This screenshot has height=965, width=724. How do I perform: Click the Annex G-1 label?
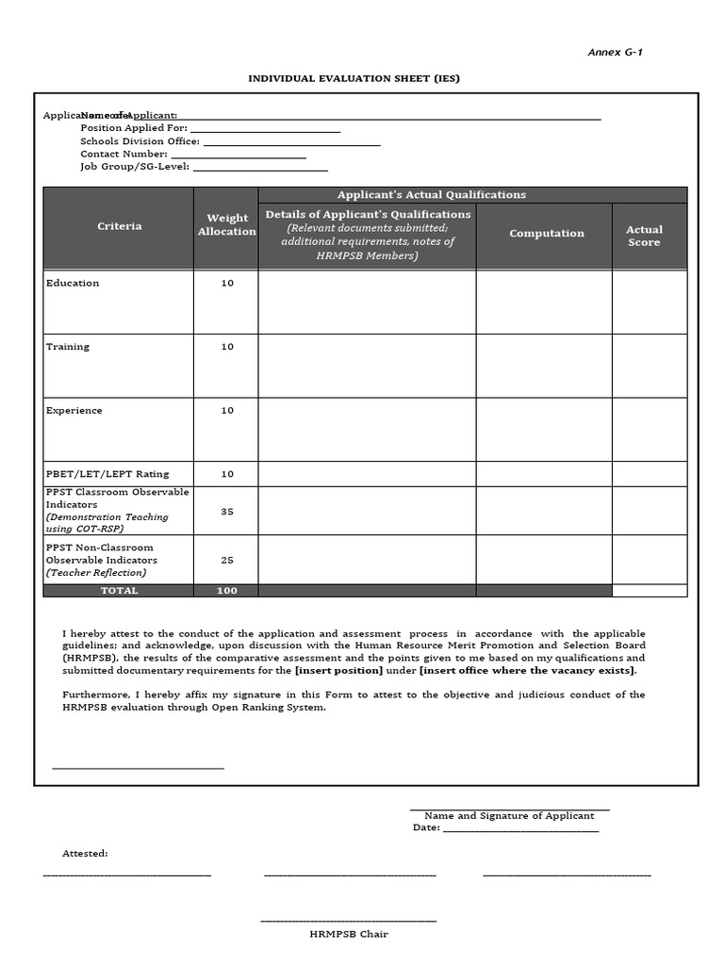click(x=616, y=52)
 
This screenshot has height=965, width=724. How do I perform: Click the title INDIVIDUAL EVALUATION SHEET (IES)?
click(x=354, y=78)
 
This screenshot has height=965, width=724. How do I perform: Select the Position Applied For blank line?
click(x=265, y=129)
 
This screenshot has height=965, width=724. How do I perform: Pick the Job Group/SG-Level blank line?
click(x=259, y=168)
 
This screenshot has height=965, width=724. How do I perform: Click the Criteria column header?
click(x=120, y=226)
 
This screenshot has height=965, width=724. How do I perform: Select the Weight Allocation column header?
click(x=226, y=224)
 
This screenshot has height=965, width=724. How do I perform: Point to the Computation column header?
click(x=547, y=234)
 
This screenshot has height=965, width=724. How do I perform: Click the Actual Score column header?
click(x=645, y=236)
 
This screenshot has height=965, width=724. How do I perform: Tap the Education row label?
click(x=73, y=283)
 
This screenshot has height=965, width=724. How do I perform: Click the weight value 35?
click(x=227, y=512)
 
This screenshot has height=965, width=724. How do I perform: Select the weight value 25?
click(x=227, y=560)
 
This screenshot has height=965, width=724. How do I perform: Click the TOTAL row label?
click(x=120, y=591)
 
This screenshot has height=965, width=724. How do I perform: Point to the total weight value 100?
click(x=226, y=591)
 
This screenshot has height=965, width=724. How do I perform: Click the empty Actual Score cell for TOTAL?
click(x=650, y=591)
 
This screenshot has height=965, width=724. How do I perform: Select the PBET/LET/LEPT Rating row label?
click(x=107, y=474)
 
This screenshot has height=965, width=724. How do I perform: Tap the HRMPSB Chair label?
click(x=349, y=934)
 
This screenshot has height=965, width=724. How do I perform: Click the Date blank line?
click(x=520, y=828)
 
